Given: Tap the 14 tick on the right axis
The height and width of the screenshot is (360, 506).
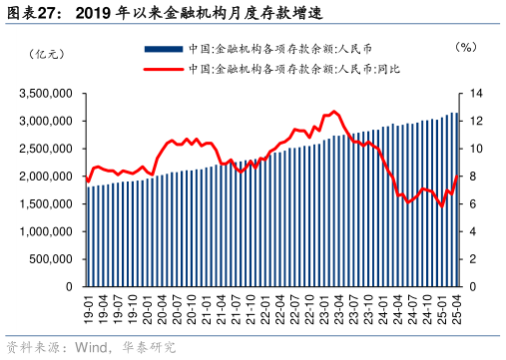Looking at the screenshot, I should [x=475, y=94].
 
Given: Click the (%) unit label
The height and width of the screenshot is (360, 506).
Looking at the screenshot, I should [x=465, y=47].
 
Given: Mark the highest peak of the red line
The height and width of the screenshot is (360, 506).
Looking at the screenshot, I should [x=333, y=112].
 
